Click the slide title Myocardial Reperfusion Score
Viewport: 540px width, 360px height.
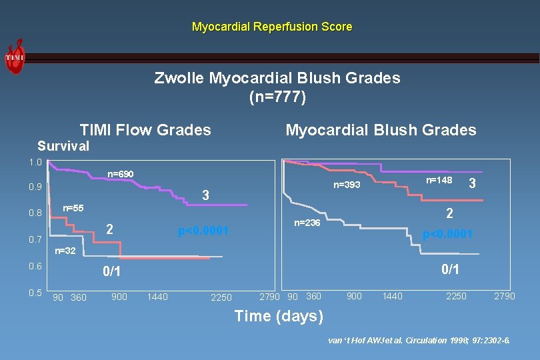[x=271, y=27]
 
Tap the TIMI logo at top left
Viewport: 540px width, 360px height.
[x=15, y=57]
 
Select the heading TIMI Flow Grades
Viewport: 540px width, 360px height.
[x=145, y=130]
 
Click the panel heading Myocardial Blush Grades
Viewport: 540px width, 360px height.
[x=381, y=130]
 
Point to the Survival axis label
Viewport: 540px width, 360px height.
[x=63, y=146]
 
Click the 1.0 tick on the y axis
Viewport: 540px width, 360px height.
[x=35, y=163]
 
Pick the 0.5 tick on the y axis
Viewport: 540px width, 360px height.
[x=35, y=293]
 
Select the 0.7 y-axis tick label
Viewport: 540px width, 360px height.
[x=35, y=239]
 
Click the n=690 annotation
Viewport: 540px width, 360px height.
[x=121, y=175]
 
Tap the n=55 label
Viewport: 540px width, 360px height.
[x=73, y=209]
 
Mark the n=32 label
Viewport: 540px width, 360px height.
[x=65, y=251]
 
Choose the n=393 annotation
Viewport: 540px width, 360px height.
[x=347, y=185]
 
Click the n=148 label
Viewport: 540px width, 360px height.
[x=439, y=180]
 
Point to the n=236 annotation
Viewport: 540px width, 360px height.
[x=307, y=223]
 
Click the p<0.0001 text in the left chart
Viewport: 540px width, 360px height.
[x=203, y=231]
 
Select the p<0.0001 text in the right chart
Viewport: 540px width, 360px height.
[x=447, y=234]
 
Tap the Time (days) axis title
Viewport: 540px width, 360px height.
[x=279, y=316]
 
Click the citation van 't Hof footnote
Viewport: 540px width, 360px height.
[x=419, y=340]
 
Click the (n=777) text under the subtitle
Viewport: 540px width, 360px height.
[x=277, y=97]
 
